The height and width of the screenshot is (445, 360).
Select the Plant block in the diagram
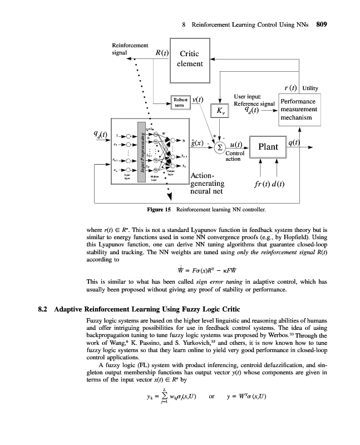point(268,147)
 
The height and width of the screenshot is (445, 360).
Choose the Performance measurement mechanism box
point(299,110)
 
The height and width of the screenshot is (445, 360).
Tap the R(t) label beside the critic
point(162,53)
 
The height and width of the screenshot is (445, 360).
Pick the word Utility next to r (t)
point(310,88)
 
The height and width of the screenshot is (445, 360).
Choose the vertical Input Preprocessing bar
point(142,150)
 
